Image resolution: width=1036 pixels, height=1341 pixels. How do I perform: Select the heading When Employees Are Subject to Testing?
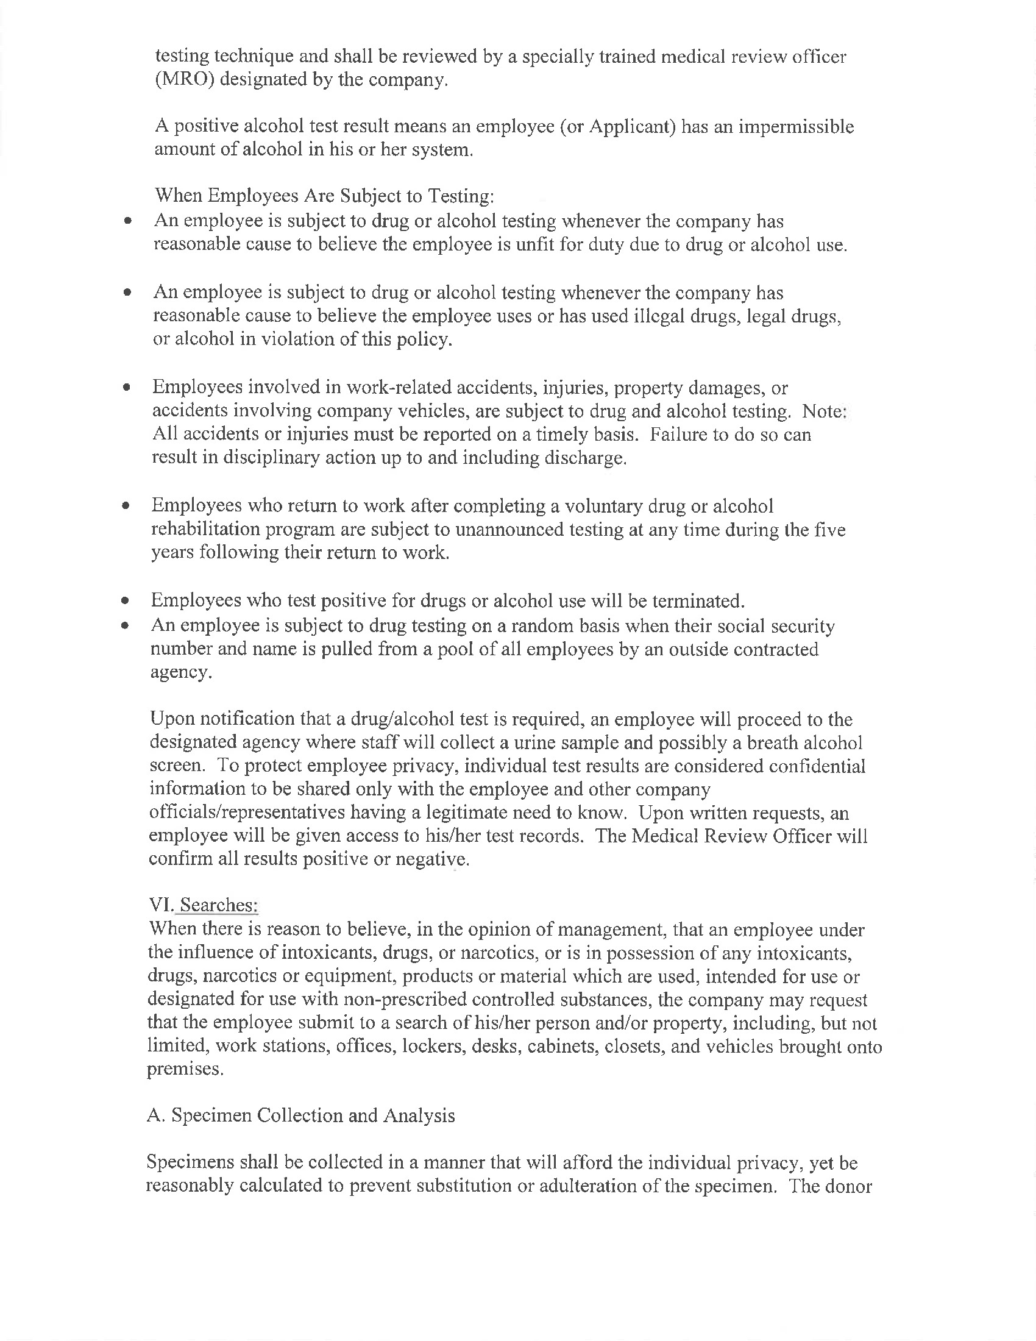pos(324,196)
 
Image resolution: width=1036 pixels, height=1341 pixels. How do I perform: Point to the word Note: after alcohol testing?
pos(825,411)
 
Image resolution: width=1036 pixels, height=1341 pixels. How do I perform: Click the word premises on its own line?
pos(185,1069)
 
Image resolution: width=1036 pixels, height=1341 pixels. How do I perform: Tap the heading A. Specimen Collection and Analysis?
pos(300,1115)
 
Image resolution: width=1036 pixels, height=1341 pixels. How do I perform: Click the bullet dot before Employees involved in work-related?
pos(126,388)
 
